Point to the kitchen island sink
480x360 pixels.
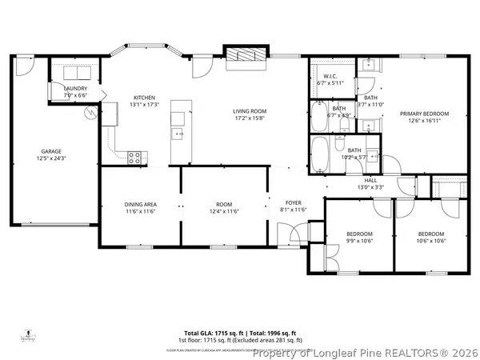[x=178, y=134]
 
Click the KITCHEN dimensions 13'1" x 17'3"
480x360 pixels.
[x=145, y=104]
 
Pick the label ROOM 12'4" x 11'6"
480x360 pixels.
[x=224, y=208]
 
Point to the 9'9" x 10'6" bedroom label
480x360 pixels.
[x=360, y=237]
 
